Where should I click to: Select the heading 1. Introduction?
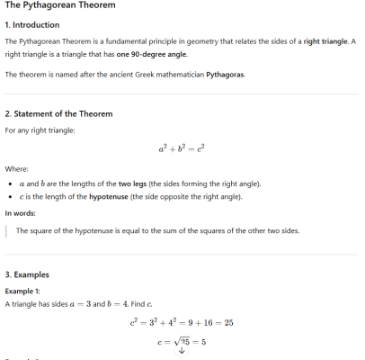32,25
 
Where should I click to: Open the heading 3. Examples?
28,274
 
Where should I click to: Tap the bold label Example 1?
23,292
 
